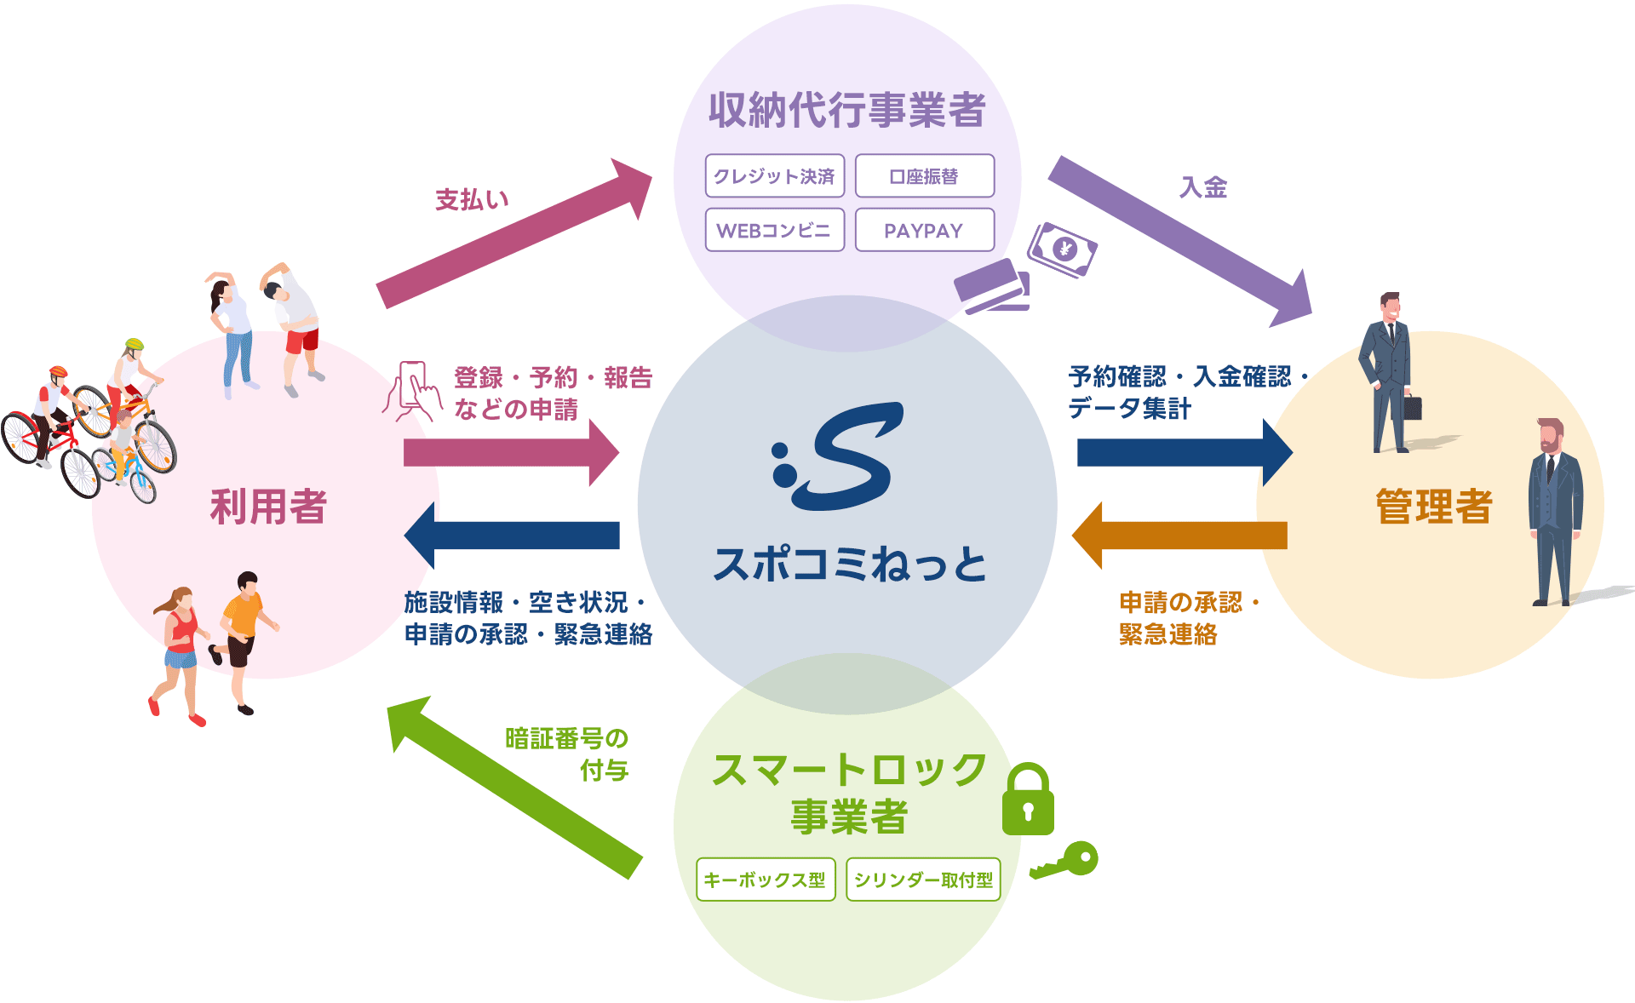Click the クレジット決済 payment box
pyautogui.click(x=774, y=176)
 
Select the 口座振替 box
pyautogui.click(x=924, y=176)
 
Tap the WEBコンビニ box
pyautogui.click(x=774, y=230)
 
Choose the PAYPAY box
pyautogui.click(x=924, y=230)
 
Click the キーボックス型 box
pyautogui.click(x=765, y=880)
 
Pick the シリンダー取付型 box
pyautogui.click(x=923, y=880)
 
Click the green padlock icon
pyautogui.click(x=1028, y=800)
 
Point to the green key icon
pyautogui.click(x=1066, y=860)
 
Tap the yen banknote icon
pyautogui.click(x=1062, y=249)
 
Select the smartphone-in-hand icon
pyautogui.click(x=413, y=391)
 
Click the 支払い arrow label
pyautogui.click(x=472, y=200)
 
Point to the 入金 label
pyautogui.click(x=1203, y=187)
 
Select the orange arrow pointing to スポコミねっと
pyautogui.click(x=1179, y=536)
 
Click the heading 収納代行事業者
pyautogui.click(x=846, y=110)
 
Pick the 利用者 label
pyautogui.click(x=268, y=507)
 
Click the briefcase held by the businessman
pyautogui.click(x=1412, y=406)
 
